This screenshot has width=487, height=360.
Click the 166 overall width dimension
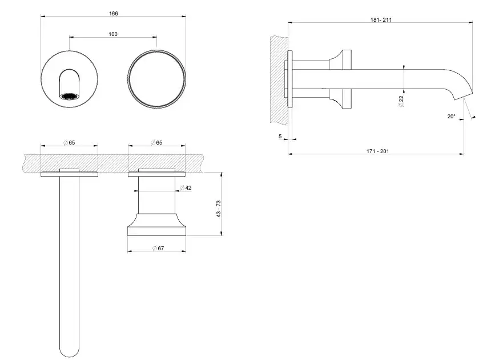[114, 13]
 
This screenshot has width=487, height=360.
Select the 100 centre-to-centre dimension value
[113, 34]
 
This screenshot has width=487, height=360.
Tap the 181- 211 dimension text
[381, 20]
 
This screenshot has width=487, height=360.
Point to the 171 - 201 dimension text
[378, 151]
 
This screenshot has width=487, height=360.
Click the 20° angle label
[451, 116]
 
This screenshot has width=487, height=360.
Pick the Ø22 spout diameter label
[401, 101]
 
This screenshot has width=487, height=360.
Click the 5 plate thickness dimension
[280, 137]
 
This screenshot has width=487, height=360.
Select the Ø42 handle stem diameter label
[186, 188]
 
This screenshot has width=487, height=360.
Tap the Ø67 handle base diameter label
[158, 248]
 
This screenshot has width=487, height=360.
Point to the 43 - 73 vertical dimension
[219, 209]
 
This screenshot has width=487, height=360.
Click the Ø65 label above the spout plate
[69, 143]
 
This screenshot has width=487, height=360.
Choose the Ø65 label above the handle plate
[156, 143]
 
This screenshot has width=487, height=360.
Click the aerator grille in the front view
[69, 97]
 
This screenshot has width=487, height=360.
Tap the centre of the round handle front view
[156, 79]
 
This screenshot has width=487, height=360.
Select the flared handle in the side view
[340, 79]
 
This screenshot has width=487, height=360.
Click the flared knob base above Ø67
[156, 225]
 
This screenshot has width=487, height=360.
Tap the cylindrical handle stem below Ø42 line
[156, 202]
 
